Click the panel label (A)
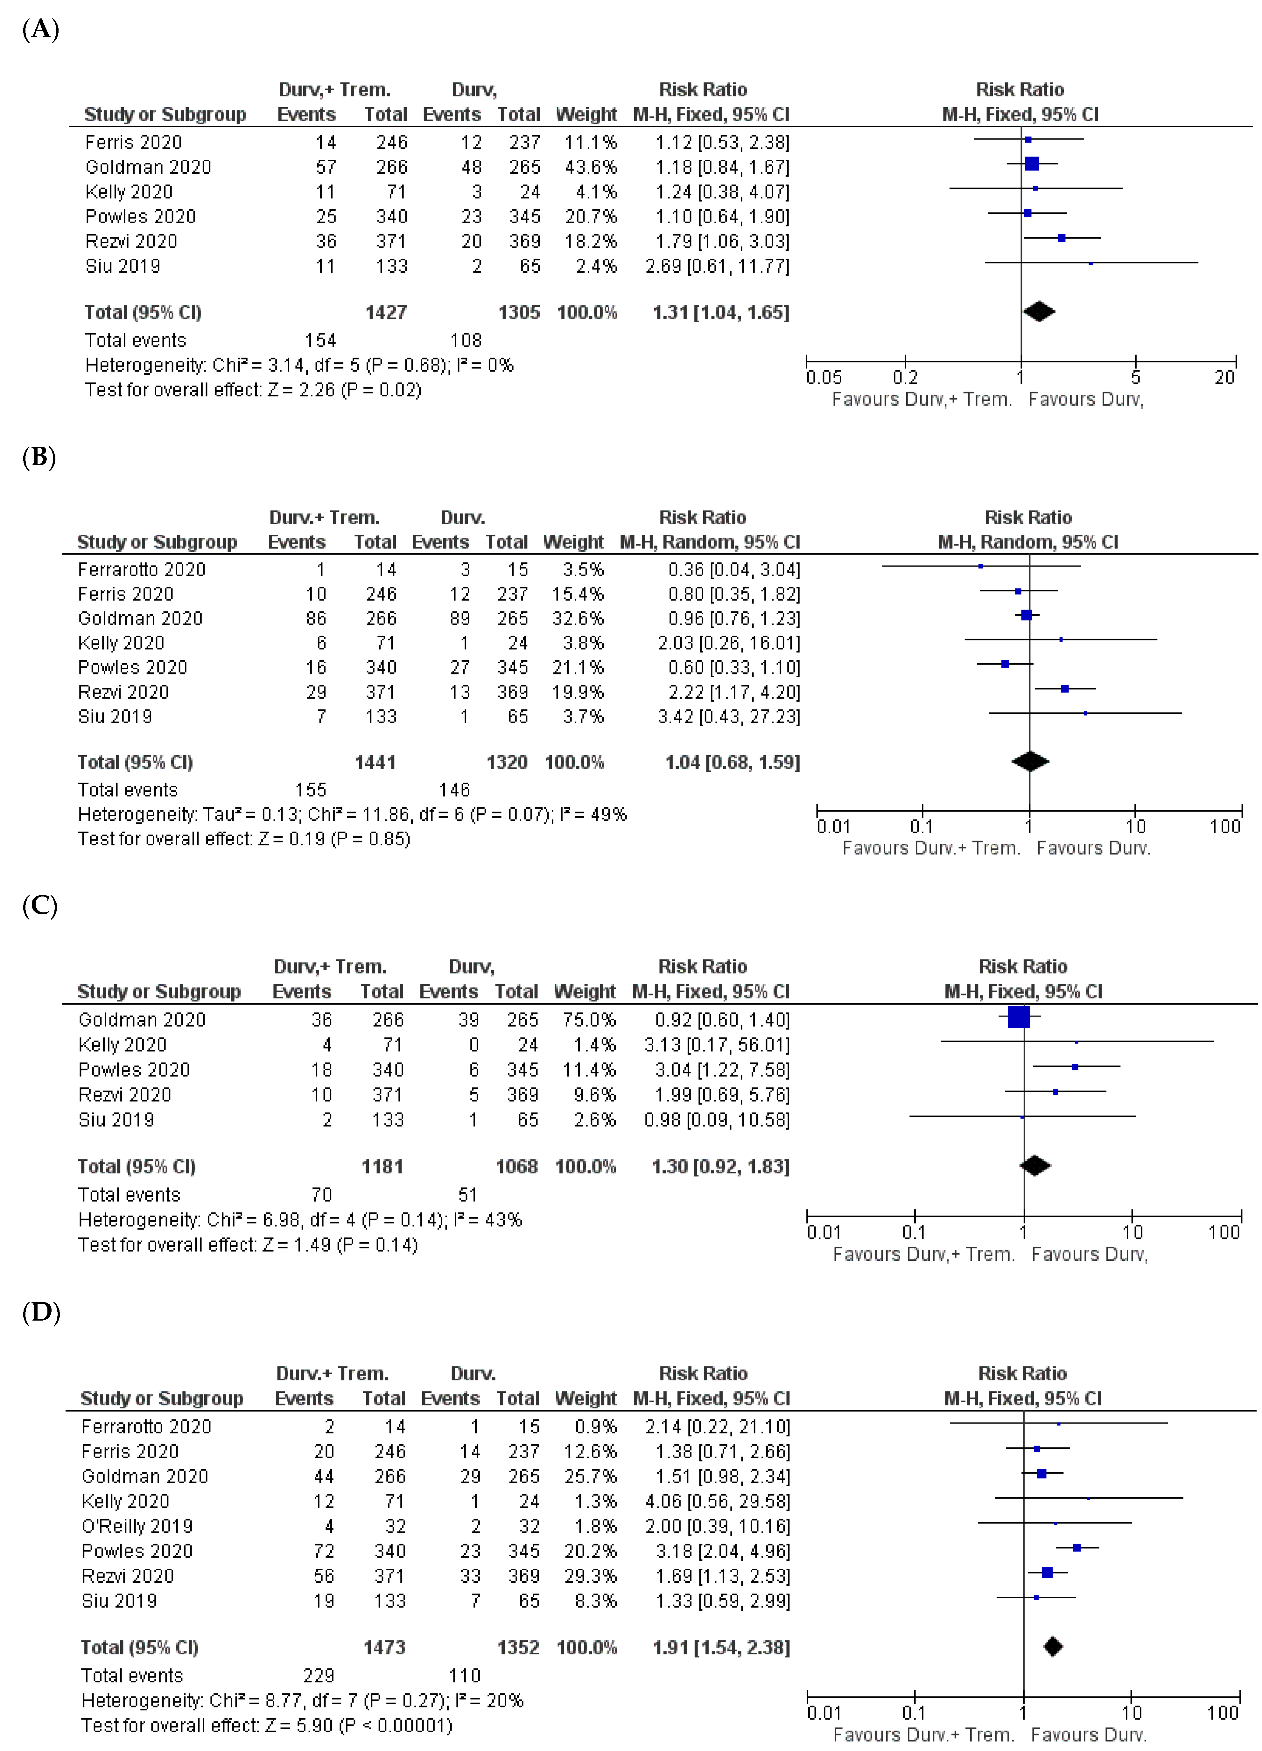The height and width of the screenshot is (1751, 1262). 40,29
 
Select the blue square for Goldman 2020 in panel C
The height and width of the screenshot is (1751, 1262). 1019,1018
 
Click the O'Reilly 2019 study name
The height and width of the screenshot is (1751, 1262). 137,1526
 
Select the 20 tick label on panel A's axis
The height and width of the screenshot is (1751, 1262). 1224,378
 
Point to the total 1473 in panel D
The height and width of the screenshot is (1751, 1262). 384,1648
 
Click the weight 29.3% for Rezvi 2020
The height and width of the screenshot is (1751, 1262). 590,1576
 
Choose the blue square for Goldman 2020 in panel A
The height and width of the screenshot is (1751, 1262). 1032,164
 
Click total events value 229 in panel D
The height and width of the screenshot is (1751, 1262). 318,1675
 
